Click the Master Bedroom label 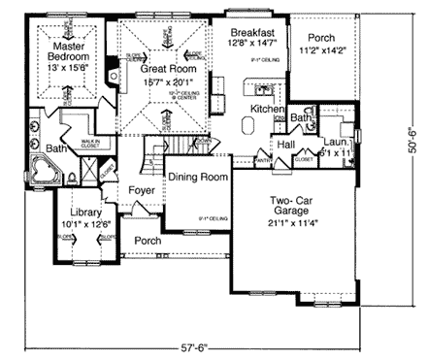[x=68, y=51]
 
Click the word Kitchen [x=266, y=110]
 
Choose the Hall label [x=285, y=144]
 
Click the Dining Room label [x=198, y=178]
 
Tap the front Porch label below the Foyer [x=148, y=240]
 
